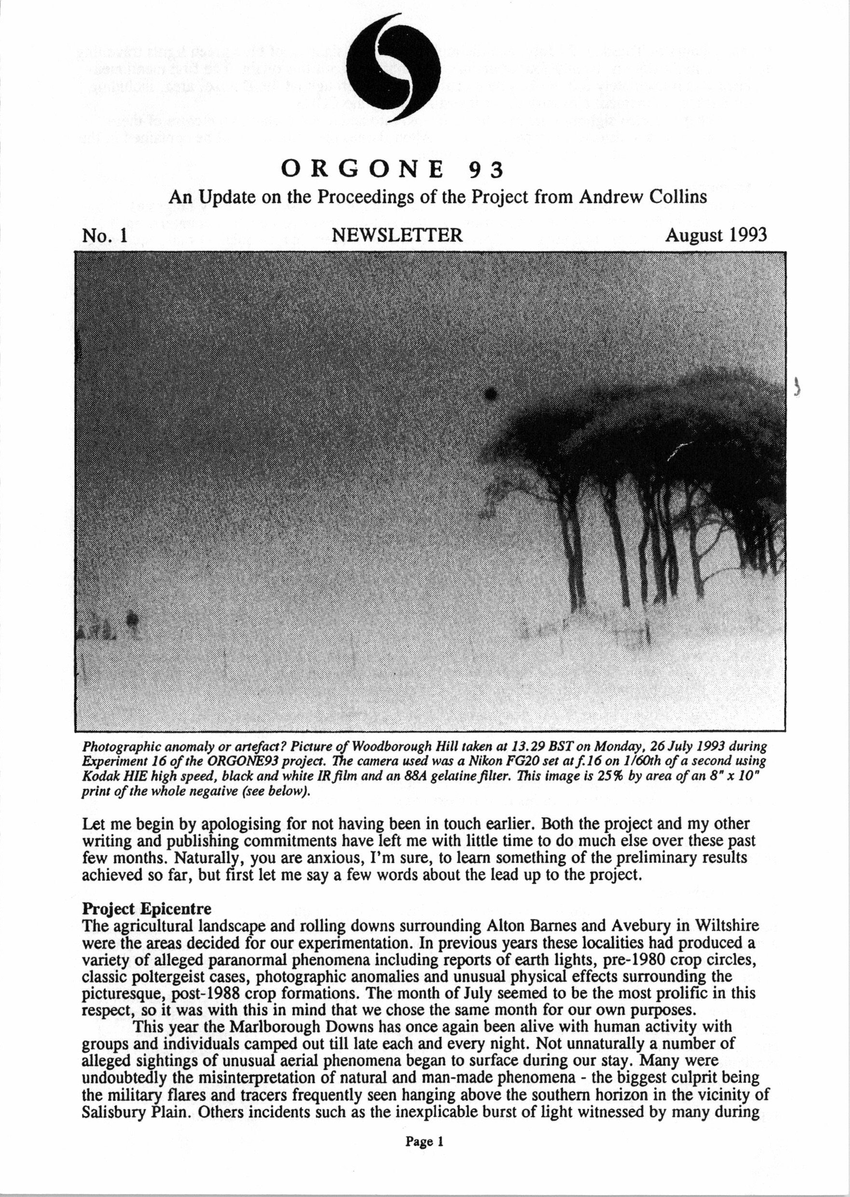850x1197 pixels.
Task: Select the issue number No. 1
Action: click(105, 235)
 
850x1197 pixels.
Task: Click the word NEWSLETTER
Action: click(397, 235)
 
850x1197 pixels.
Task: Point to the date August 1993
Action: click(715, 235)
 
